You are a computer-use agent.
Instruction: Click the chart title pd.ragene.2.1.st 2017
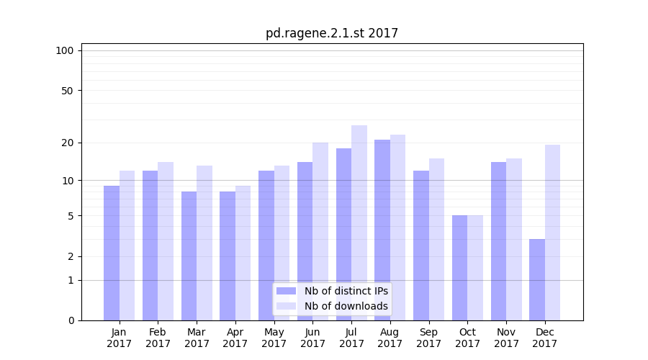(x=331, y=33)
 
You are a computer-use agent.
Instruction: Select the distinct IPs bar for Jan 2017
(x=112, y=253)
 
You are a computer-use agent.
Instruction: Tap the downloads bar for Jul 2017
(x=359, y=222)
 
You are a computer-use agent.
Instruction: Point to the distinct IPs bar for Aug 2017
(x=382, y=230)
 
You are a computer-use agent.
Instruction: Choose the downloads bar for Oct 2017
(x=475, y=267)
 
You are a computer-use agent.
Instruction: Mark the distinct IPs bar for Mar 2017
(x=189, y=256)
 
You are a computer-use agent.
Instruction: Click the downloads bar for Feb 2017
(x=166, y=240)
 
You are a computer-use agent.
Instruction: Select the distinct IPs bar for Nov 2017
(x=498, y=240)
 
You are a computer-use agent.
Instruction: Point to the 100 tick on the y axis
(x=65, y=50)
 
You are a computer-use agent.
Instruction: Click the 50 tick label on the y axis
(x=67, y=91)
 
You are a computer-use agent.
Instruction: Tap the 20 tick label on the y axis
(x=67, y=143)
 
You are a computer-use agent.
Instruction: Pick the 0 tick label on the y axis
(x=71, y=320)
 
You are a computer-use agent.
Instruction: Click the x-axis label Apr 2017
(x=235, y=338)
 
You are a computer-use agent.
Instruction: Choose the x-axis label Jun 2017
(x=312, y=338)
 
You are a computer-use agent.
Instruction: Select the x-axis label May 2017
(x=274, y=338)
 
